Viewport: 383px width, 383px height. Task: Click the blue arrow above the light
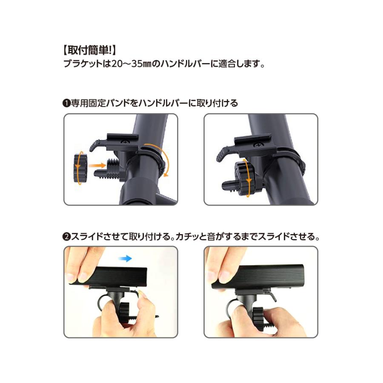[x=125, y=258]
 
